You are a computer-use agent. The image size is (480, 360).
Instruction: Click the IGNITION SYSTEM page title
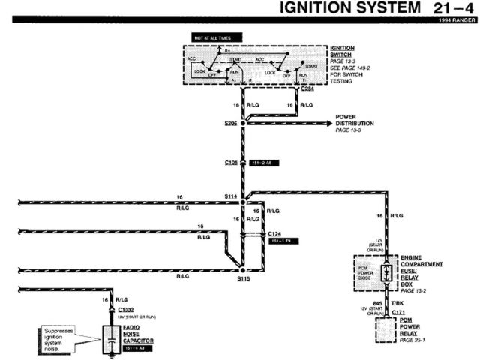(x=349, y=8)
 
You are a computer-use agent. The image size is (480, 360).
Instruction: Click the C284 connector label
(x=307, y=88)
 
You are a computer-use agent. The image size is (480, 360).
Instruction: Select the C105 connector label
(x=231, y=161)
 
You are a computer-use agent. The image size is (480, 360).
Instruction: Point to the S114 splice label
(x=230, y=196)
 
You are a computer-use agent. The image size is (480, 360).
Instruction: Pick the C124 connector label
(x=275, y=234)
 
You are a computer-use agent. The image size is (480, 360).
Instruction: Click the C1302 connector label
(x=125, y=308)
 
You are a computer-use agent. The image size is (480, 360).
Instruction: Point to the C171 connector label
(x=397, y=312)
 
